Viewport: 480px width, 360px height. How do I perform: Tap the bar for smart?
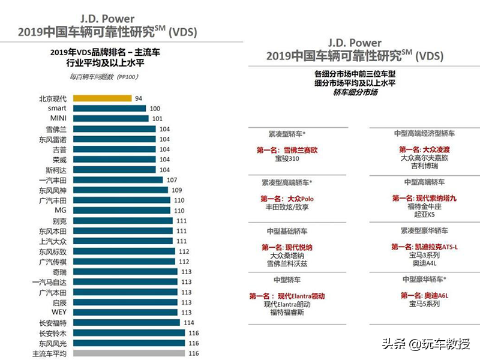pyautogui.click(x=110, y=108)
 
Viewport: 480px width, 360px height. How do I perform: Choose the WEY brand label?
pyautogui.click(x=59, y=312)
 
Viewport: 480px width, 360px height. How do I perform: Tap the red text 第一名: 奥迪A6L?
pyautogui.click(x=424, y=295)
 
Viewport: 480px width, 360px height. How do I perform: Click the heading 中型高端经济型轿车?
pyautogui.click(x=424, y=133)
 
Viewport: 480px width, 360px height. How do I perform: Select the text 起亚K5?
pyautogui.click(x=424, y=214)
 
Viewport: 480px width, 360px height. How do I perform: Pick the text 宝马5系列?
pyautogui.click(x=424, y=304)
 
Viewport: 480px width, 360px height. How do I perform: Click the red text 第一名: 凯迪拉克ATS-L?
pyautogui.click(x=424, y=247)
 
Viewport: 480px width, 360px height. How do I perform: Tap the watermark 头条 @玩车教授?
pyautogui.click(x=426, y=344)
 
